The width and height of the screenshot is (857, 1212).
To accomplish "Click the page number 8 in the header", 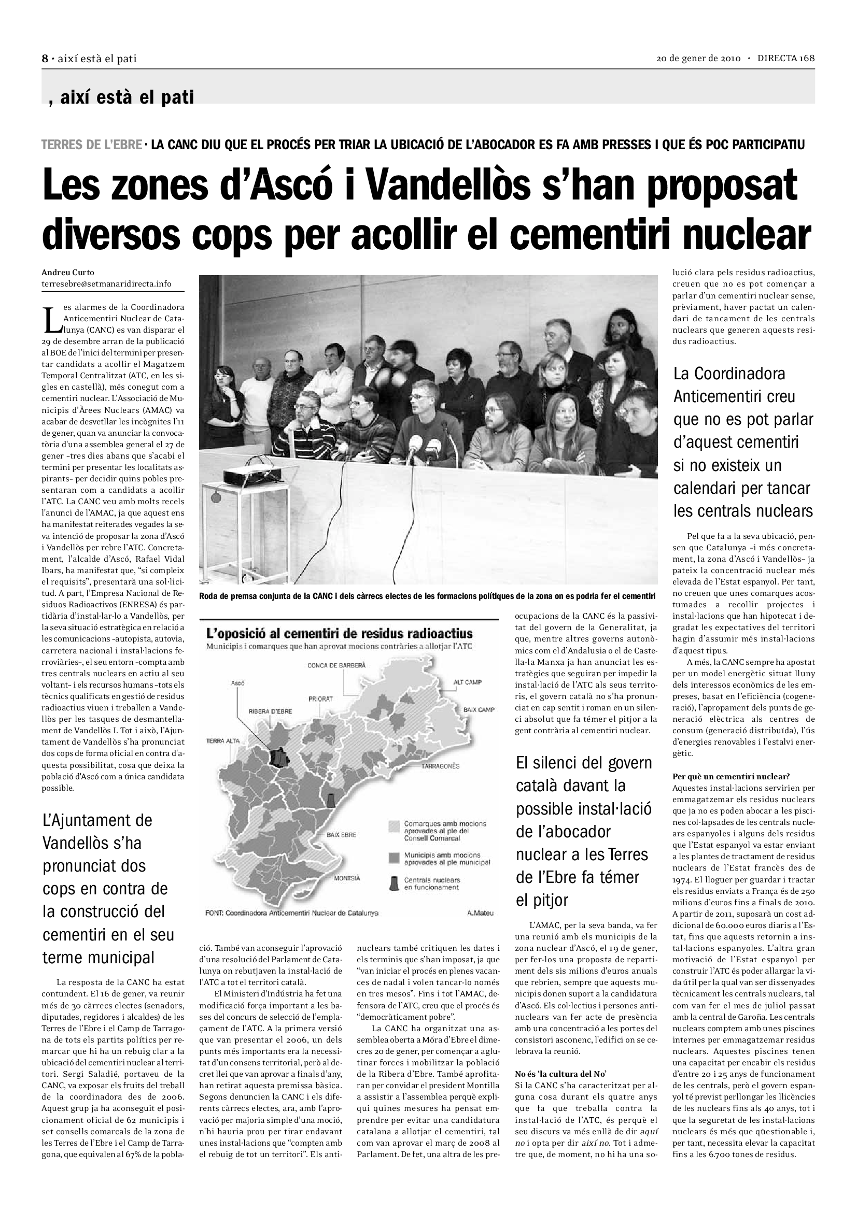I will coord(45,59).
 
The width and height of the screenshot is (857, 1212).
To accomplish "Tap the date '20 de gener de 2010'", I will coord(698,59).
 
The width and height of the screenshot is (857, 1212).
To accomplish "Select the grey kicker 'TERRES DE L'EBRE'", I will coord(91,145).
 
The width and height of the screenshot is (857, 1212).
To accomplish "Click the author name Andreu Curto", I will coord(68,273).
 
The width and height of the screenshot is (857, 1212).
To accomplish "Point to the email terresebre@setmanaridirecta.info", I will coord(107,284).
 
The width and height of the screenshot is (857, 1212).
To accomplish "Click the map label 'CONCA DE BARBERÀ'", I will coord(336,665).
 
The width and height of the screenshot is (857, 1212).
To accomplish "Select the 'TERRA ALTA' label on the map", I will coord(223,740).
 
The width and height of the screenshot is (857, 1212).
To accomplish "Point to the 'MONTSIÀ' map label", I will coord(346,879).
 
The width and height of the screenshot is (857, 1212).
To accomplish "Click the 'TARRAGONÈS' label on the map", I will coord(440,766).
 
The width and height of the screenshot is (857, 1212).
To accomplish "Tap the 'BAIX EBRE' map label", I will coord(341,835).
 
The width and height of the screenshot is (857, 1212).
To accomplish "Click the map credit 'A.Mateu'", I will coord(480,912).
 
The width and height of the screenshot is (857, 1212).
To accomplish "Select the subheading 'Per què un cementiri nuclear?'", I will coord(731,777).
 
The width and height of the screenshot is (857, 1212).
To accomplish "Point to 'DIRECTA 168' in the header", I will coord(786,59).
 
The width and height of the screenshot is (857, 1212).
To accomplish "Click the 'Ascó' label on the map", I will coord(238,683).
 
